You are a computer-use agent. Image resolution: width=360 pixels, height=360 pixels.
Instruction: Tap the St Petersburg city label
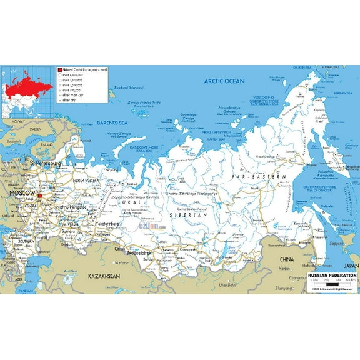coord(45,163)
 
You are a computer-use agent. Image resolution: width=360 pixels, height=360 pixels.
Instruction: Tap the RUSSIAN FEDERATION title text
coord(332,276)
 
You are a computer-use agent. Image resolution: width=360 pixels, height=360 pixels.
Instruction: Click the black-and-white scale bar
coord(331,284)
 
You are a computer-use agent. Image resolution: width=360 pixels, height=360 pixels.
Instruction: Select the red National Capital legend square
coord(59,70)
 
